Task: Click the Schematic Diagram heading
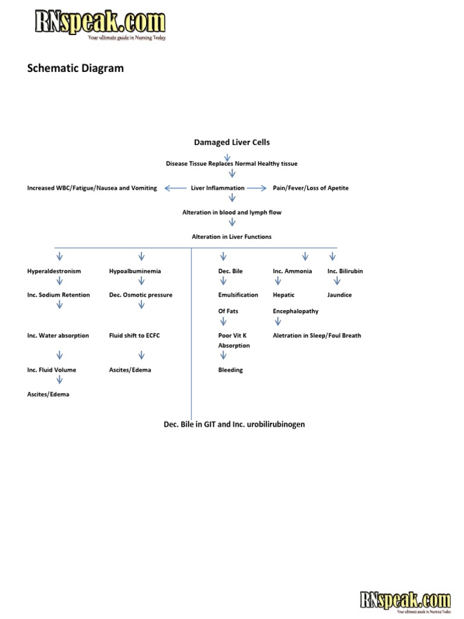(x=76, y=68)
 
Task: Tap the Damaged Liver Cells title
(x=232, y=143)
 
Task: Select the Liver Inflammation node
(x=217, y=188)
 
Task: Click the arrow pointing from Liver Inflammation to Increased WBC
(x=176, y=188)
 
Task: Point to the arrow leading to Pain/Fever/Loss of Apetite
(x=257, y=188)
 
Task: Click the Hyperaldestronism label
(x=54, y=271)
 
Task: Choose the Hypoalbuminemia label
(x=135, y=271)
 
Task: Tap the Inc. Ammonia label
(x=292, y=271)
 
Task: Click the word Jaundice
(x=340, y=295)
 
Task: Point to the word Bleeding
(x=230, y=370)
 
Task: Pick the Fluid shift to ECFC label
(x=134, y=335)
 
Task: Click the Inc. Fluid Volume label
(x=51, y=370)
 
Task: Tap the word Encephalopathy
(x=295, y=311)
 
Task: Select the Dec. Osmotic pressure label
(x=140, y=295)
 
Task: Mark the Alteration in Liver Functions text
(x=231, y=237)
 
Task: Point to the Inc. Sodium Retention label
(x=58, y=295)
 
